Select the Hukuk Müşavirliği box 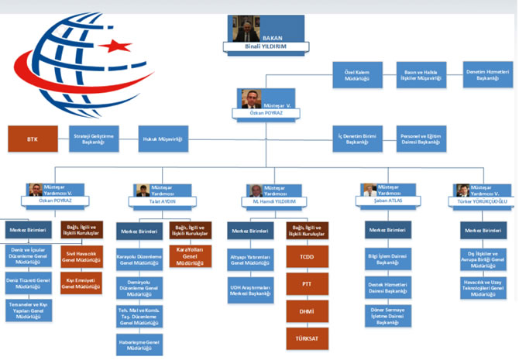click(x=163, y=139)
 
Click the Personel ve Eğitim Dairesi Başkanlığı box click(x=422, y=139)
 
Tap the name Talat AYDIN click(x=163, y=200)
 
